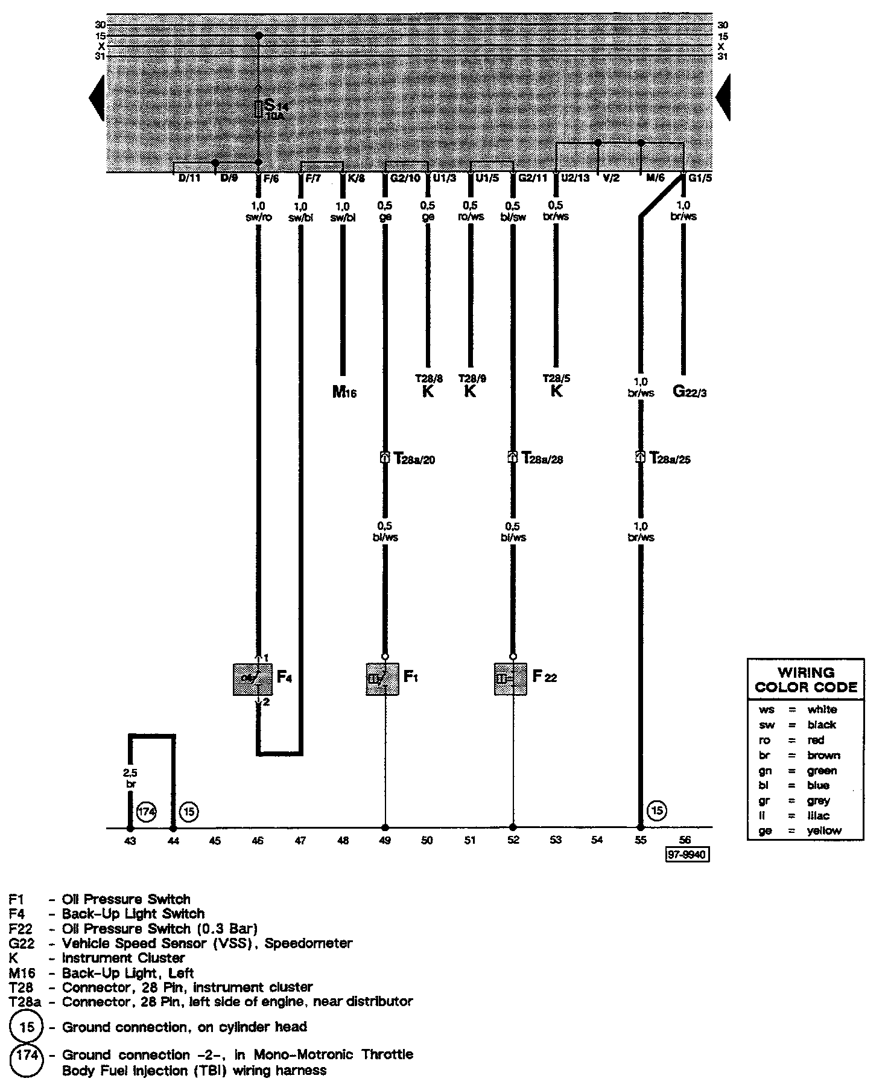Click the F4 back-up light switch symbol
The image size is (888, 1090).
click(x=253, y=679)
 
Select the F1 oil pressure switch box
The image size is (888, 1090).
click(x=382, y=679)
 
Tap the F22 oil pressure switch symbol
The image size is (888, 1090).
click(x=510, y=679)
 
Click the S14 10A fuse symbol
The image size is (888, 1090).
click(x=259, y=109)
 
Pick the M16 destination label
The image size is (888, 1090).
click(x=344, y=393)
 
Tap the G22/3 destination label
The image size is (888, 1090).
click(x=690, y=392)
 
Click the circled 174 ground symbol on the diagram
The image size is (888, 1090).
click(x=147, y=812)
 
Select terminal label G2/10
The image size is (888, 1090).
click(x=405, y=179)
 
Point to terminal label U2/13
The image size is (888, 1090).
click(x=575, y=179)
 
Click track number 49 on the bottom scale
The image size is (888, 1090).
click(x=385, y=840)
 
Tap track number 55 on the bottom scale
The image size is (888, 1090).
click(x=641, y=840)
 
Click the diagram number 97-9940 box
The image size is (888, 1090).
click(x=687, y=855)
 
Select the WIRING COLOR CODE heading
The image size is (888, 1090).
click(x=806, y=680)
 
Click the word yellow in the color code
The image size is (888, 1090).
click(x=824, y=830)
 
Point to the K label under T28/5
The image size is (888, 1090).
click(x=556, y=391)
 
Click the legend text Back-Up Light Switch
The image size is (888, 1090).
click(x=133, y=913)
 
